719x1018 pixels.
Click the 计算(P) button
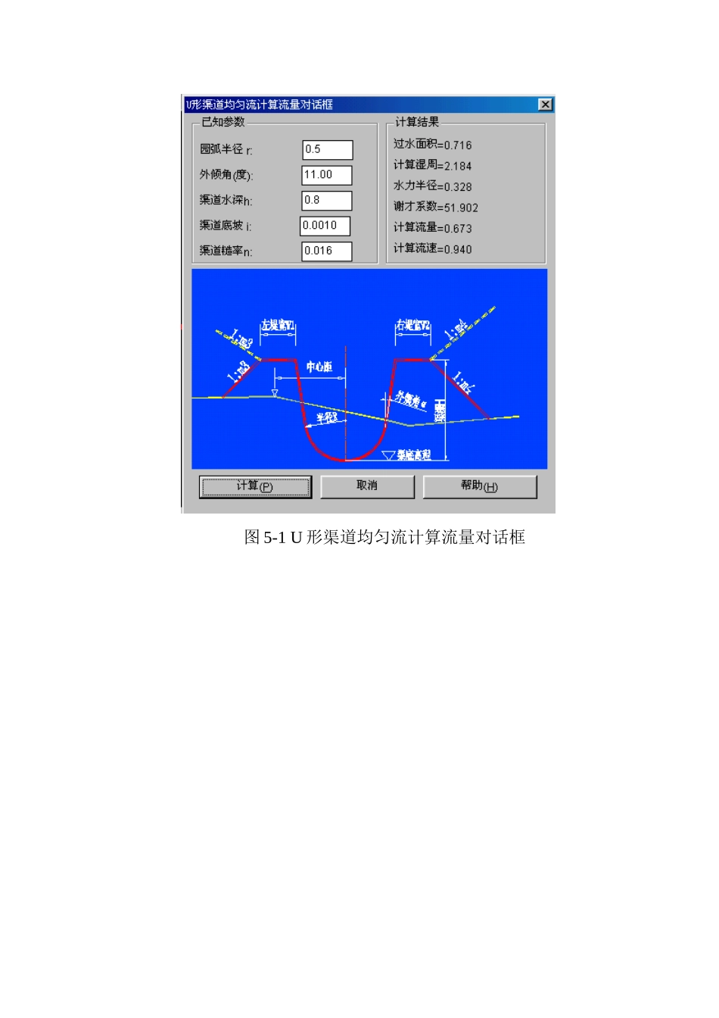point(255,486)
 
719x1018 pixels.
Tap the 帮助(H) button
point(479,486)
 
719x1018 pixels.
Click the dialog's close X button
point(545,105)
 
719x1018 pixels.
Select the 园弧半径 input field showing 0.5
point(327,150)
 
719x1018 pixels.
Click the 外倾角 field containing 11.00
point(327,175)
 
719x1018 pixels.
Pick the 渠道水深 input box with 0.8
point(327,201)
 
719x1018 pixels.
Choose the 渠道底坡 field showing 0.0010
point(325,226)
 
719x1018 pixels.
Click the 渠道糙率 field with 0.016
point(327,251)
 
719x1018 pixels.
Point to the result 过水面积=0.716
point(432,145)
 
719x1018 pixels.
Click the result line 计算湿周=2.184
point(432,165)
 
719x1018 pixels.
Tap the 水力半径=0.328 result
point(432,186)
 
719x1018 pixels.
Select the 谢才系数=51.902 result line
point(435,207)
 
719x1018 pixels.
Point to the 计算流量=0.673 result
point(432,228)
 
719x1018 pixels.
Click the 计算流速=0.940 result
point(432,248)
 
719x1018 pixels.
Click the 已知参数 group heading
point(223,122)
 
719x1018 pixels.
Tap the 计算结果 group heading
point(416,122)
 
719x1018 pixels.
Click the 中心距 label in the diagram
point(319,367)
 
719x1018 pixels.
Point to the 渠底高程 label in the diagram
point(413,455)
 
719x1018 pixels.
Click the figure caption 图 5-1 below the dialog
point(384,538)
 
